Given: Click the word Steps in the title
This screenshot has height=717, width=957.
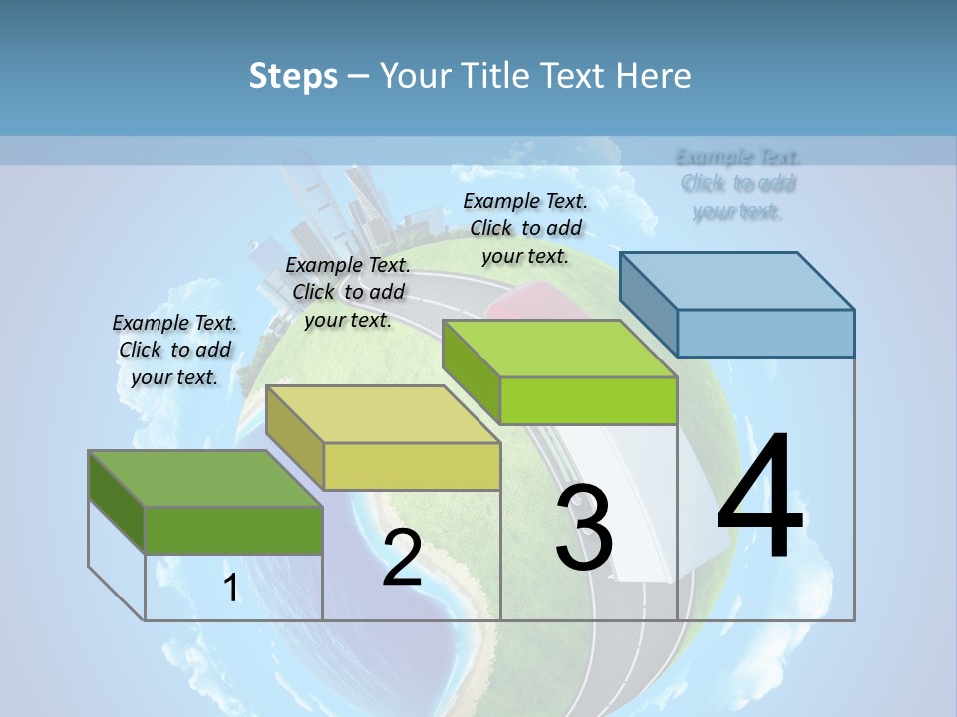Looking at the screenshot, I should coord(293,76).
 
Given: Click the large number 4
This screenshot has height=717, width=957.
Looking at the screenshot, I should coord(760,498).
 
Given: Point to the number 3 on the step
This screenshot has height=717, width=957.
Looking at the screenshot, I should coord(583,528).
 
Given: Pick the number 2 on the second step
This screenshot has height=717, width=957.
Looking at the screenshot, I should coord(402,558).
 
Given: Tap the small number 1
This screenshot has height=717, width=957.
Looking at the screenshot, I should coord(231,589).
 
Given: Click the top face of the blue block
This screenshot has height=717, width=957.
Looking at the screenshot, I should coord(738,281).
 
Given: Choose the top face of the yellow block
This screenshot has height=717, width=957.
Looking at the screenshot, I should coord(384,414).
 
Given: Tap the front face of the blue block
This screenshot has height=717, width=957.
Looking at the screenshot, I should coord(766,333).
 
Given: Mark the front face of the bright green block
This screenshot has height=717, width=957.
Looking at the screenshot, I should coord(588,400).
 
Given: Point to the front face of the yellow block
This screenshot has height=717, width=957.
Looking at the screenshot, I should coord(412,466).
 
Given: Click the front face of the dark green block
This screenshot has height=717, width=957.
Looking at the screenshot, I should coord(233,530).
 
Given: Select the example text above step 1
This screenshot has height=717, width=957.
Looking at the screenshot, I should coord(174,350).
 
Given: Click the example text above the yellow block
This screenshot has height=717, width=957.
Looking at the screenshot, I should coord(348,292).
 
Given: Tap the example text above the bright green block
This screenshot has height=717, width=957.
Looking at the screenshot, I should coord(525,228).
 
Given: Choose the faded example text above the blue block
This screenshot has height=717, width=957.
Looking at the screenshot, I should coord(738,184).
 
